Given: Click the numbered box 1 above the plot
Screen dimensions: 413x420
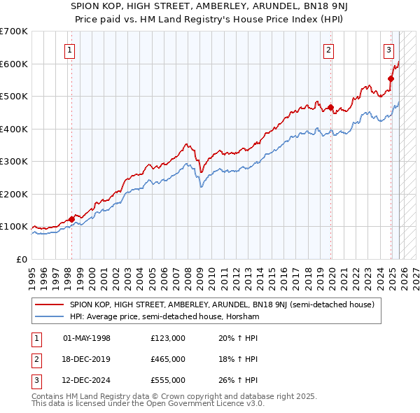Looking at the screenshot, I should (x=71, y=49).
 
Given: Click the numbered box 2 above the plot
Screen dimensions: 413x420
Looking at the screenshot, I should (x=328, y=49).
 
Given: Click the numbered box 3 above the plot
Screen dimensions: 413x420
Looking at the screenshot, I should (x=388, y=49).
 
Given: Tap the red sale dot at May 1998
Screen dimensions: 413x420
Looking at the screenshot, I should (x=71, y=219).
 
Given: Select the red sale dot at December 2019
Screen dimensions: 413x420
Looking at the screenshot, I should (x=331, y=108).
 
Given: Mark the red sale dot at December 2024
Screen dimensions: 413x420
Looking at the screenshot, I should (x=391, y=78).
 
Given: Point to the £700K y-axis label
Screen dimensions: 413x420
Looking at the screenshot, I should (x=14, y=31).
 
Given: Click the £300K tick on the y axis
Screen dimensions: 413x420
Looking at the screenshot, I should (x=14, y=162).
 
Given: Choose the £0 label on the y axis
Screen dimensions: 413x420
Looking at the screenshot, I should (x=21, y=259).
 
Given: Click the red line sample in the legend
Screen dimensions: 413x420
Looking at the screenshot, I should (x=49, y=305).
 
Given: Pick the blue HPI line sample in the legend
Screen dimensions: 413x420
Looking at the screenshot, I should (x=49, y=317).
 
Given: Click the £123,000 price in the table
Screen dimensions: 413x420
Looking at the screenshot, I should (x=167, y=338).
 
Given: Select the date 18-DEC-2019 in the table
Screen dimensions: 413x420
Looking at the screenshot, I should (x=87, y=359).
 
